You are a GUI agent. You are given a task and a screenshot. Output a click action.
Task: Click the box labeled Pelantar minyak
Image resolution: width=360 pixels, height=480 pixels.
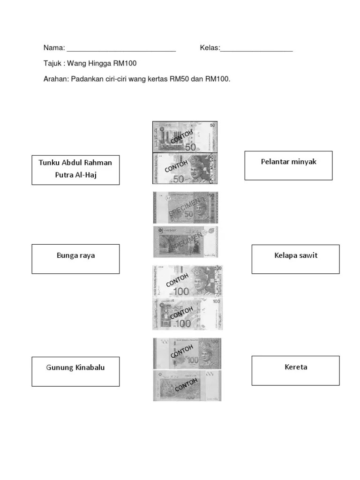[x=288, y=165]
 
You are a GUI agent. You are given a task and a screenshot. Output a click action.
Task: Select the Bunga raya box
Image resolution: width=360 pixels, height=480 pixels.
[x=75, y=259]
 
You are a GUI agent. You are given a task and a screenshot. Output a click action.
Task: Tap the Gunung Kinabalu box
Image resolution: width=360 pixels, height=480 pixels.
[x=75, y=371]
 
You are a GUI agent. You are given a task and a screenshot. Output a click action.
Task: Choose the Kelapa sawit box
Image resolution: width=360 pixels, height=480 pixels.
[x=295, y=259]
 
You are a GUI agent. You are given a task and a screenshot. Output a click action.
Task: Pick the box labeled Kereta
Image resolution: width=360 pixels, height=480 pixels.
[x=295, y=371]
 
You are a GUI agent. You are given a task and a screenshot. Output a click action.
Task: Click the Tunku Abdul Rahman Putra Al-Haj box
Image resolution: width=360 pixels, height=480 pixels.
[x=75, y=170]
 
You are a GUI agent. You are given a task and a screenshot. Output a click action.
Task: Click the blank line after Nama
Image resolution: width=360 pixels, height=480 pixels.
[x=121, y=48]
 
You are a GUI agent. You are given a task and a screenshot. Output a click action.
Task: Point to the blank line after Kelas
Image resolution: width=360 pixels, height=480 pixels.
[x=256, y=48]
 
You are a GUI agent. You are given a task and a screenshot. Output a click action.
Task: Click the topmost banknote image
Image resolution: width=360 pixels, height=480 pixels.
[x=185, y=136]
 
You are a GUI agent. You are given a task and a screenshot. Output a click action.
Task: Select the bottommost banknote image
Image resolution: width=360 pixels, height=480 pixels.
[x=187, y=386]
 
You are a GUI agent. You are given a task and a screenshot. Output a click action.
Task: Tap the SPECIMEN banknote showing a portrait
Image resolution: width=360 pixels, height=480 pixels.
[x=186, y=208]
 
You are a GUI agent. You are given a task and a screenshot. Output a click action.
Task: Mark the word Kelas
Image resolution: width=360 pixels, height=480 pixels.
[x=209, y=48]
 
